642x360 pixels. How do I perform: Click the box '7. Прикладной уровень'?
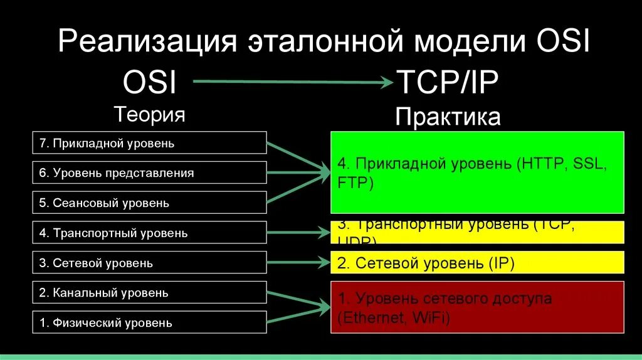coord(149,143)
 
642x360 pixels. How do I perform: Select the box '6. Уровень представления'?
coord(149,172)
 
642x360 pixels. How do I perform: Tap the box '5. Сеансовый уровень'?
coord(149,203)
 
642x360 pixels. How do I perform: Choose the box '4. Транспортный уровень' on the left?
coord(149,233)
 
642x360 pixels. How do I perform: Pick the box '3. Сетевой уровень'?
coord(149,263)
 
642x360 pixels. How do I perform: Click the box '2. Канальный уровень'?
coord(149,293)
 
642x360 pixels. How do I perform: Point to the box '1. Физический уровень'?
coord(149,323)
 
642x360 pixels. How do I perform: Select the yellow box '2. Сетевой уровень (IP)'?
coord(477,263)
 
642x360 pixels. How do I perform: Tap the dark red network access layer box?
coord(477,308)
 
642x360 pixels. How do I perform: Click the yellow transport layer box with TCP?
coord(477,232)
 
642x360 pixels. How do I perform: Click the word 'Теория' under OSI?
coord(149,114)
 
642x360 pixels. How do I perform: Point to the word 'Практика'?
coord(448,117)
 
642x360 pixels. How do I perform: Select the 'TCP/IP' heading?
coord(447,83)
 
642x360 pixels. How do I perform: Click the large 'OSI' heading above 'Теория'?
coord(149,83)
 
